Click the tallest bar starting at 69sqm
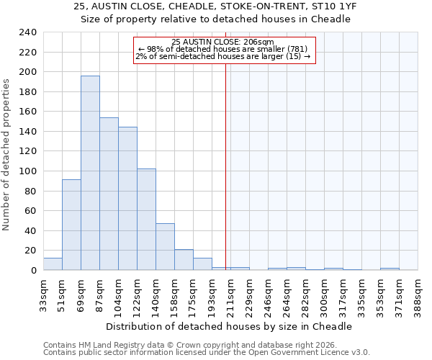pos(90,173)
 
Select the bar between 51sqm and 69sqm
pos(71,225)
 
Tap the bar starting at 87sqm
pos(109,194)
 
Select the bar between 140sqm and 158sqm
pos(165,247)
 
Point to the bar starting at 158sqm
pos(184,260)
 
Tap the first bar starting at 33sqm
pos(53,264)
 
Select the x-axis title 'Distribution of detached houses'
pos(233,326)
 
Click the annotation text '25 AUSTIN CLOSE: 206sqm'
pos(223,42)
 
